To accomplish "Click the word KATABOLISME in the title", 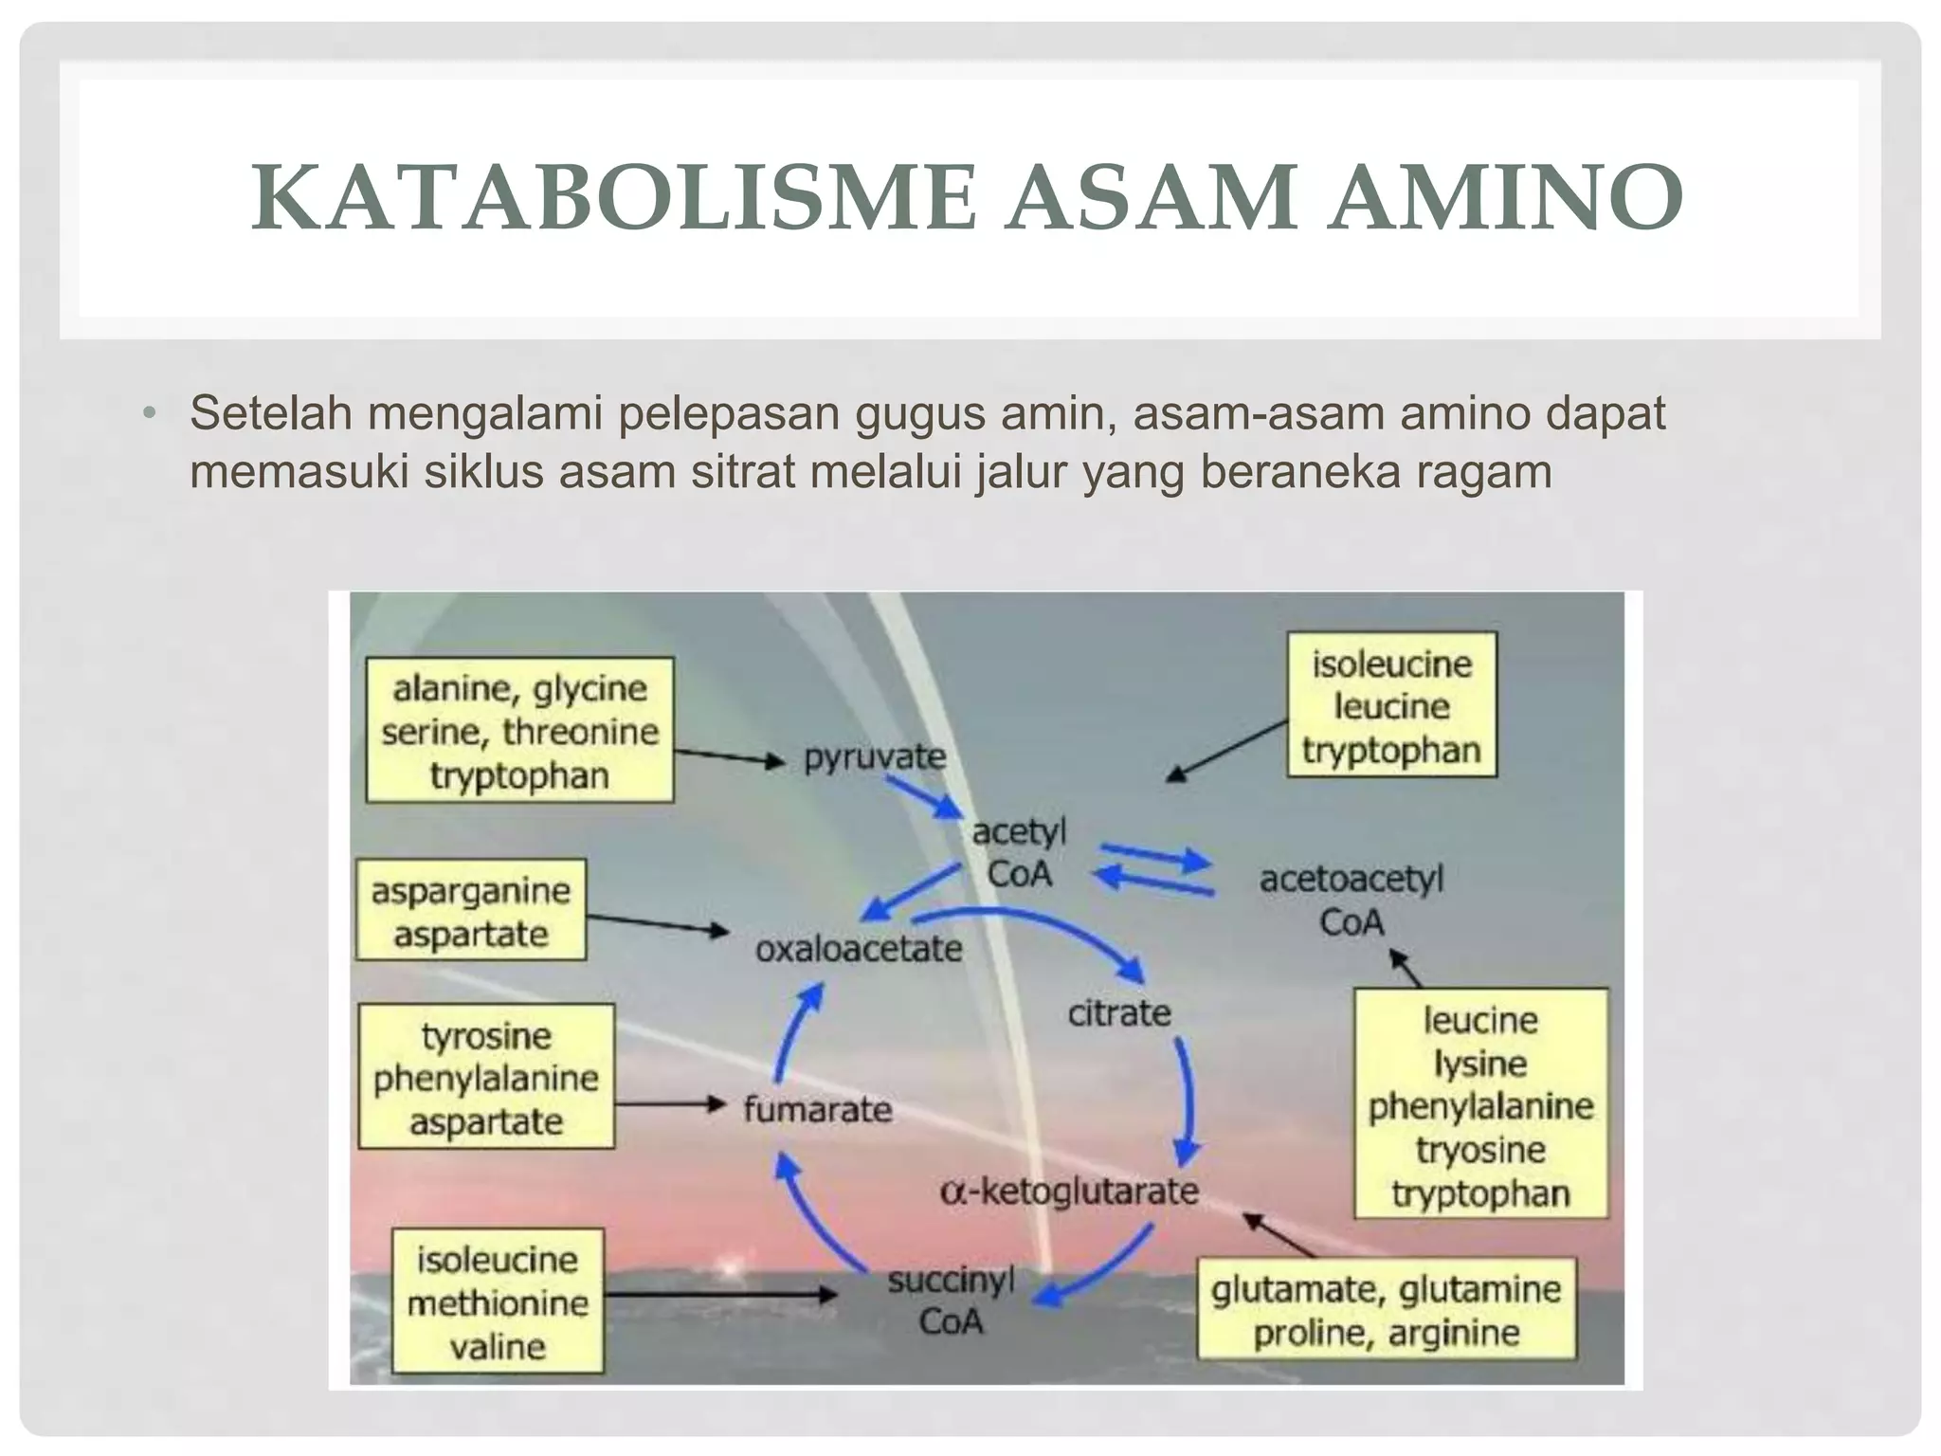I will pos(613,199).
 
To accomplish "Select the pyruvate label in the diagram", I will pos(874,756).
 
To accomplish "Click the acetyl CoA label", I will pos(1019,853).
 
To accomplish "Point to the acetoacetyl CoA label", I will pos(1351,900).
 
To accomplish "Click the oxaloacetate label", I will pos(859,949).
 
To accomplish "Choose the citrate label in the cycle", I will pos(1119,1013).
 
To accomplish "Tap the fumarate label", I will pos(817,1109).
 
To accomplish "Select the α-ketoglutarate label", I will pos(1069,1191).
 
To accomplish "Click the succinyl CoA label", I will pos(951,1301).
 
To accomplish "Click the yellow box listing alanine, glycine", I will pos(519,731).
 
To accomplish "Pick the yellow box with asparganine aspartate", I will pos(470,911).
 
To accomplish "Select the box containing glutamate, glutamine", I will pos(1386,1310).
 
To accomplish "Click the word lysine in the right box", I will pos(1479,1064).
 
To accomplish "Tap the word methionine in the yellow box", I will pos(498,1303).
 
